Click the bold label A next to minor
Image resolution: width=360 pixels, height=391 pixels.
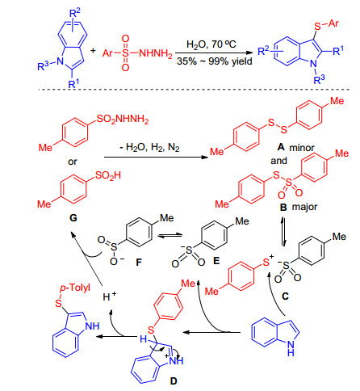coord(281,147)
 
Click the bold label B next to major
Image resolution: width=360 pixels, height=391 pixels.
coord(283,207)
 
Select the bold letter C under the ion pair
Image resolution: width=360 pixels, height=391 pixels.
coord(285,296)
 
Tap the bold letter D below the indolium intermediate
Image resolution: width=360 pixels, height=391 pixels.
coord(174,381)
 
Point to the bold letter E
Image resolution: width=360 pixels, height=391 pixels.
coord(216,260)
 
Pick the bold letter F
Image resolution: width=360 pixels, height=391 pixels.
coord(139,262)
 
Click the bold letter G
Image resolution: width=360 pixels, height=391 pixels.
coord(73,217)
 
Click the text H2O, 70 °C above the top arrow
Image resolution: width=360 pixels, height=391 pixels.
coord(211,44)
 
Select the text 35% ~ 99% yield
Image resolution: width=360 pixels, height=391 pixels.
coord(215,61)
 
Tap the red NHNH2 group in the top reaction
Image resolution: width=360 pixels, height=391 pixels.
coord(156,53)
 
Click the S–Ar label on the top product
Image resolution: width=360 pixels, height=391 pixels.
coord(326,24)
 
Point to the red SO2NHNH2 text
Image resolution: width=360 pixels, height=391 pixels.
coord(123,120)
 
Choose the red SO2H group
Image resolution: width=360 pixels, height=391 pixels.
coord(108,176)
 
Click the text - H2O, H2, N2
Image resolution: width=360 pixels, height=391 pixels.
coord(149,148)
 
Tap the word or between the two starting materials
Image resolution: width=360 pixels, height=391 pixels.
coord(73,162)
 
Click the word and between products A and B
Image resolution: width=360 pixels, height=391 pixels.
coord(279,161)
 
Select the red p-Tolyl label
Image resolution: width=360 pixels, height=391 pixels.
coord(75,288)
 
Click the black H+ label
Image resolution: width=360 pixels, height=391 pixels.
coord(110,296)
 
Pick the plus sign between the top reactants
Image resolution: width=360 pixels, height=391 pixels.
coord(93,51)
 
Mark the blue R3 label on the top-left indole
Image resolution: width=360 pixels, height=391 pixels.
coord(43,65)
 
